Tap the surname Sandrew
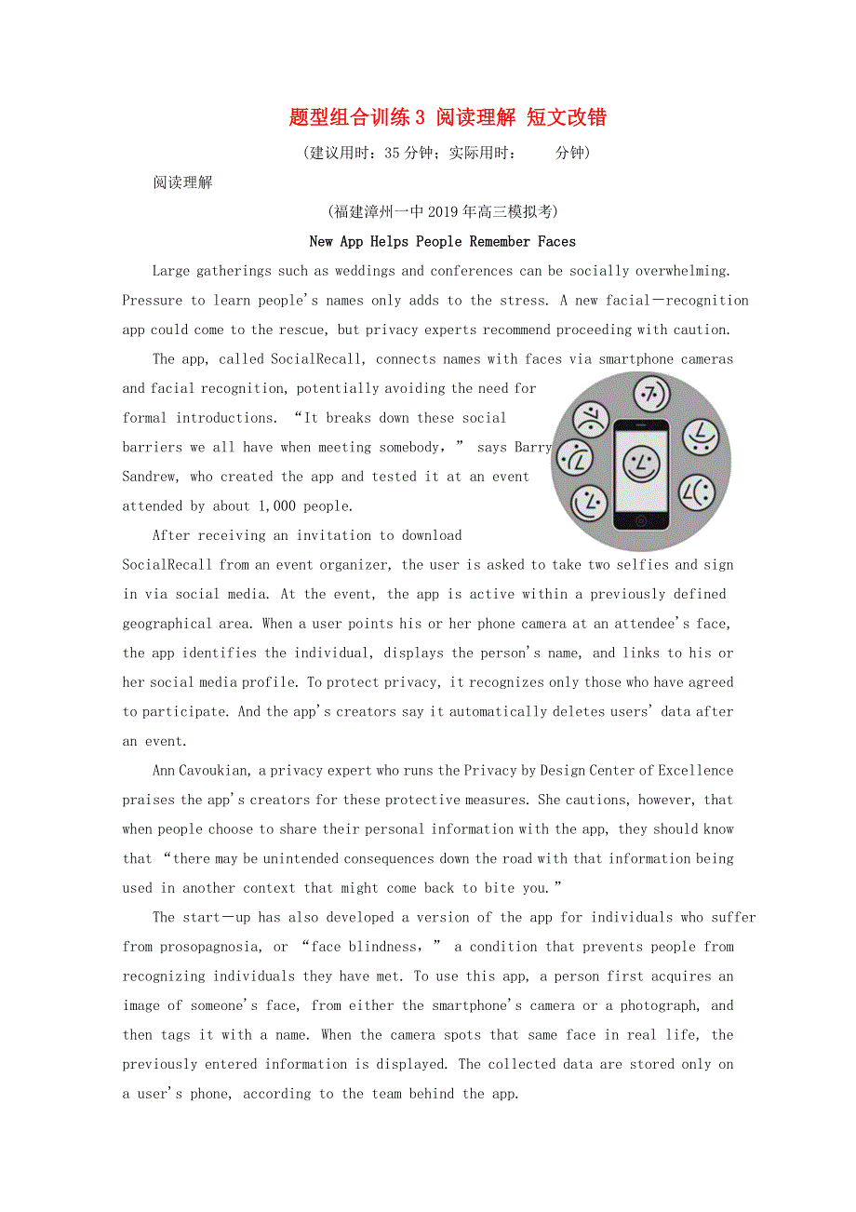click(x=152, y=477)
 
